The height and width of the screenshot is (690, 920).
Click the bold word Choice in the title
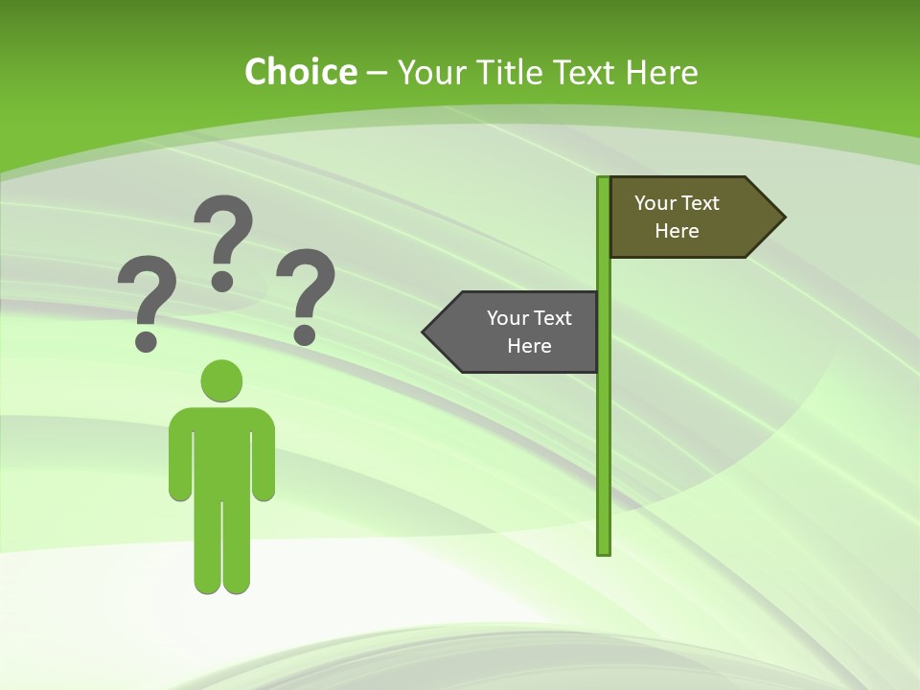click(300, 72)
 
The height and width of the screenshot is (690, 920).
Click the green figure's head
click(221, 380)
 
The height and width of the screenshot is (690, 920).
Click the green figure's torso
click(221, 450)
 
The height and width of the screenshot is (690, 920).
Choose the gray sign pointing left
click(522, 332)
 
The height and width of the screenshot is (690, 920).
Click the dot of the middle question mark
click(222, 280)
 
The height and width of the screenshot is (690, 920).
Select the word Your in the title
click(430, 72)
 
